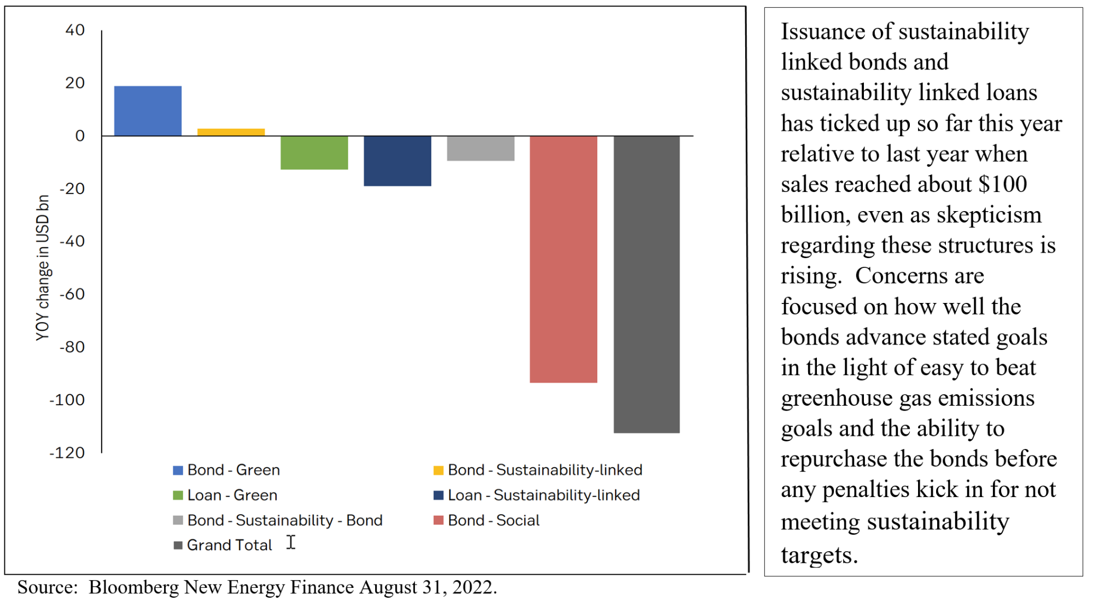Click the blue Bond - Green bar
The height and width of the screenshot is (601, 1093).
(148, 111)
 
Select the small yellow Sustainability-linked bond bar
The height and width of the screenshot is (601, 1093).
(231, 132)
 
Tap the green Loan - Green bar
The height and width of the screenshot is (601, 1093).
(314, 153)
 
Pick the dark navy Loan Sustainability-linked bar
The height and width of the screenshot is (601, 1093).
(397, 161)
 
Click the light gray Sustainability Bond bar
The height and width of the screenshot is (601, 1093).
(480, 148)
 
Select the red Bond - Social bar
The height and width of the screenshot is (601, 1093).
(563, 259)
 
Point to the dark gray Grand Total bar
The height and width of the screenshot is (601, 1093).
(646, 284)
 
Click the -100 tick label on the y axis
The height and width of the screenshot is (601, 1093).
(67, 400)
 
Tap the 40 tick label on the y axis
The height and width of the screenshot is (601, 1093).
(75, 30)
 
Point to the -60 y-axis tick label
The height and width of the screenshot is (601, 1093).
(72, 294)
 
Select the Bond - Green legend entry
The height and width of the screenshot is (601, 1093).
(226, 470)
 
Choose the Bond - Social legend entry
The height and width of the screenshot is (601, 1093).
(486, 520)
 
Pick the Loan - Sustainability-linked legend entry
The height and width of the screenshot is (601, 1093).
(536, 495)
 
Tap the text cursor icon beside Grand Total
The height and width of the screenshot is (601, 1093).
(291, 542)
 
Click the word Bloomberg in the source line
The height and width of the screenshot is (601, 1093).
(134, 587)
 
